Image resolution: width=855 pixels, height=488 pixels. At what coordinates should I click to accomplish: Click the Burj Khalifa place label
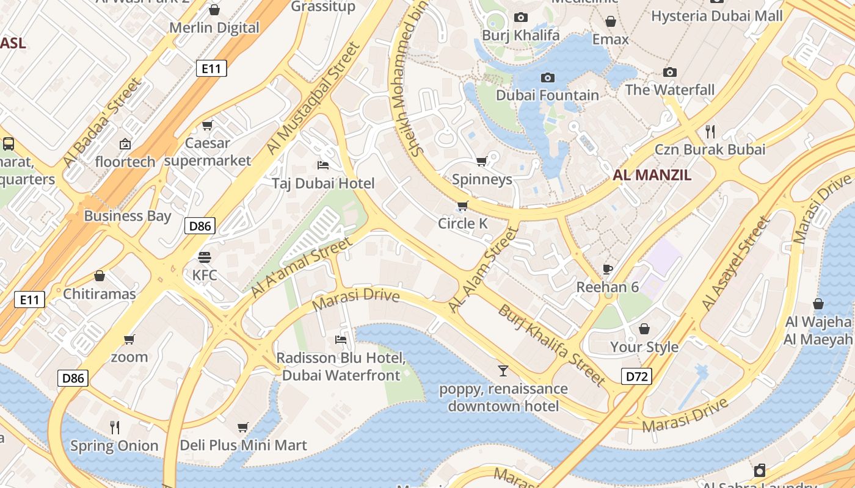[520, 35]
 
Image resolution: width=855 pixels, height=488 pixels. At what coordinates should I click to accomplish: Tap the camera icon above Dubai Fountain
[548, 77]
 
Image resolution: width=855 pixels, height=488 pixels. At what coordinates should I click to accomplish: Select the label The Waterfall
[669, 90]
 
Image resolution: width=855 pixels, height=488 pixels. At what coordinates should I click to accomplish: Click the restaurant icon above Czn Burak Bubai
[710, 131]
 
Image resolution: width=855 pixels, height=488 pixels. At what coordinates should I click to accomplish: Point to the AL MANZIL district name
[652, 176]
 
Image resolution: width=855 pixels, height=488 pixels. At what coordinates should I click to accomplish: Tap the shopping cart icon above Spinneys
[481, 162]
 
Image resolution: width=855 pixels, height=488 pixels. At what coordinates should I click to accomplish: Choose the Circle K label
[463, 224]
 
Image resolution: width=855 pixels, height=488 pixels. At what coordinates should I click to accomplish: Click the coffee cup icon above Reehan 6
[608, 269]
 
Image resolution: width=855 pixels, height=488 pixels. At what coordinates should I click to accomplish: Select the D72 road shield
[636, 376]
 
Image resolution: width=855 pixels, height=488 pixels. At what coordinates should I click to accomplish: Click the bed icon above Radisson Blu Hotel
[341, 339]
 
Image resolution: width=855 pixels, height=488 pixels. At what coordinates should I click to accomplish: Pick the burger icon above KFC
[204, 257]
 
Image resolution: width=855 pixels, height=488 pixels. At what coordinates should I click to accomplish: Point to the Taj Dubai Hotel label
[323, 184]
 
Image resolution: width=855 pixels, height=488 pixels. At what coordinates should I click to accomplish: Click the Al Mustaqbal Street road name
[314, 98]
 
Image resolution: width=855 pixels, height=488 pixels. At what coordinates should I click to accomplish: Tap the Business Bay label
[128, 216]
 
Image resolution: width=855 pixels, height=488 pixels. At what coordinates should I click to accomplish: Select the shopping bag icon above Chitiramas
[100, 276]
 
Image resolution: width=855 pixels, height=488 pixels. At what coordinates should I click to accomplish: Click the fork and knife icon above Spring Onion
[114, 427]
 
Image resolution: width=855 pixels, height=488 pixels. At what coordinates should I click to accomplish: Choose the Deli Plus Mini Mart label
[243, 446]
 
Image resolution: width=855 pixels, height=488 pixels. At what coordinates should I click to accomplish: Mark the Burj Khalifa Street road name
[551, 345]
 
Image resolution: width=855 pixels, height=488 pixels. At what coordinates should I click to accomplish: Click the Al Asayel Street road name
[736, 264]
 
